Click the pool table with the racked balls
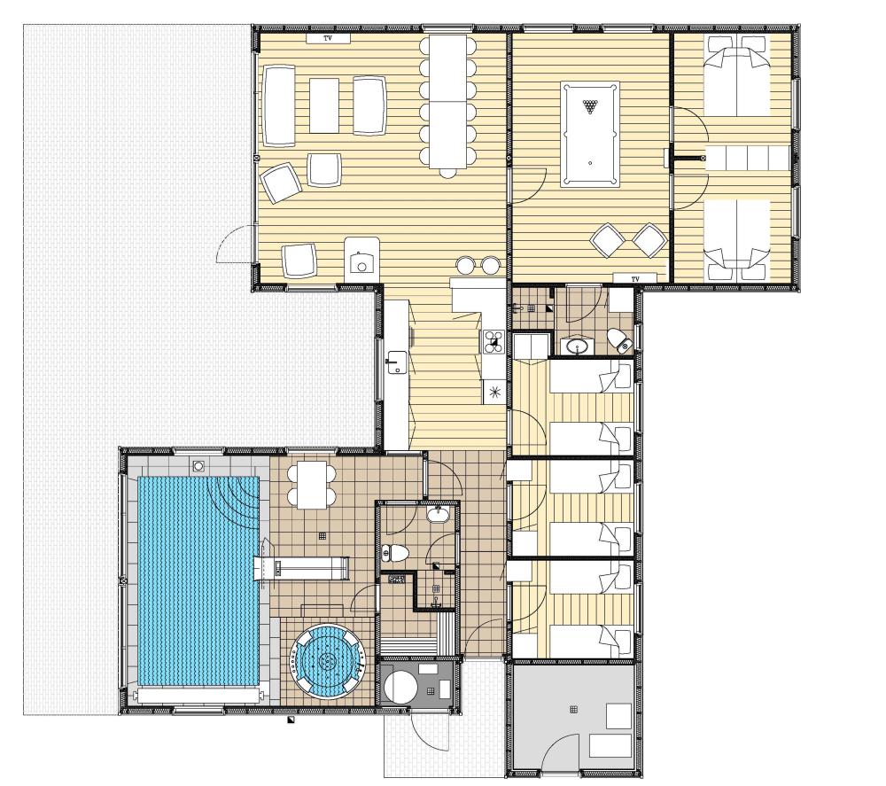(x=590, y=134)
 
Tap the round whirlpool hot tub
(x=327, y=659)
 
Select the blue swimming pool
(x=198, y=580)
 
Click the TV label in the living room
(x=328, y=38)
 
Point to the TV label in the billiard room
(x=635, y=279)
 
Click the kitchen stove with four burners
(x=494, y=342)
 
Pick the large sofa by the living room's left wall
(x=279, y=106)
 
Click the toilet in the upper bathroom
(x=620, y=341)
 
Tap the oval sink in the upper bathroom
(x=577, y=346)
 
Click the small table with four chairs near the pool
(x=312, y=485)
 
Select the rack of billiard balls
(x=590, y=106)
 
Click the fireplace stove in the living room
(x=361, y=258)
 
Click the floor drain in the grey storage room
(x=574, y=709)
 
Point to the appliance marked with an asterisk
(x=494, y=392)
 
